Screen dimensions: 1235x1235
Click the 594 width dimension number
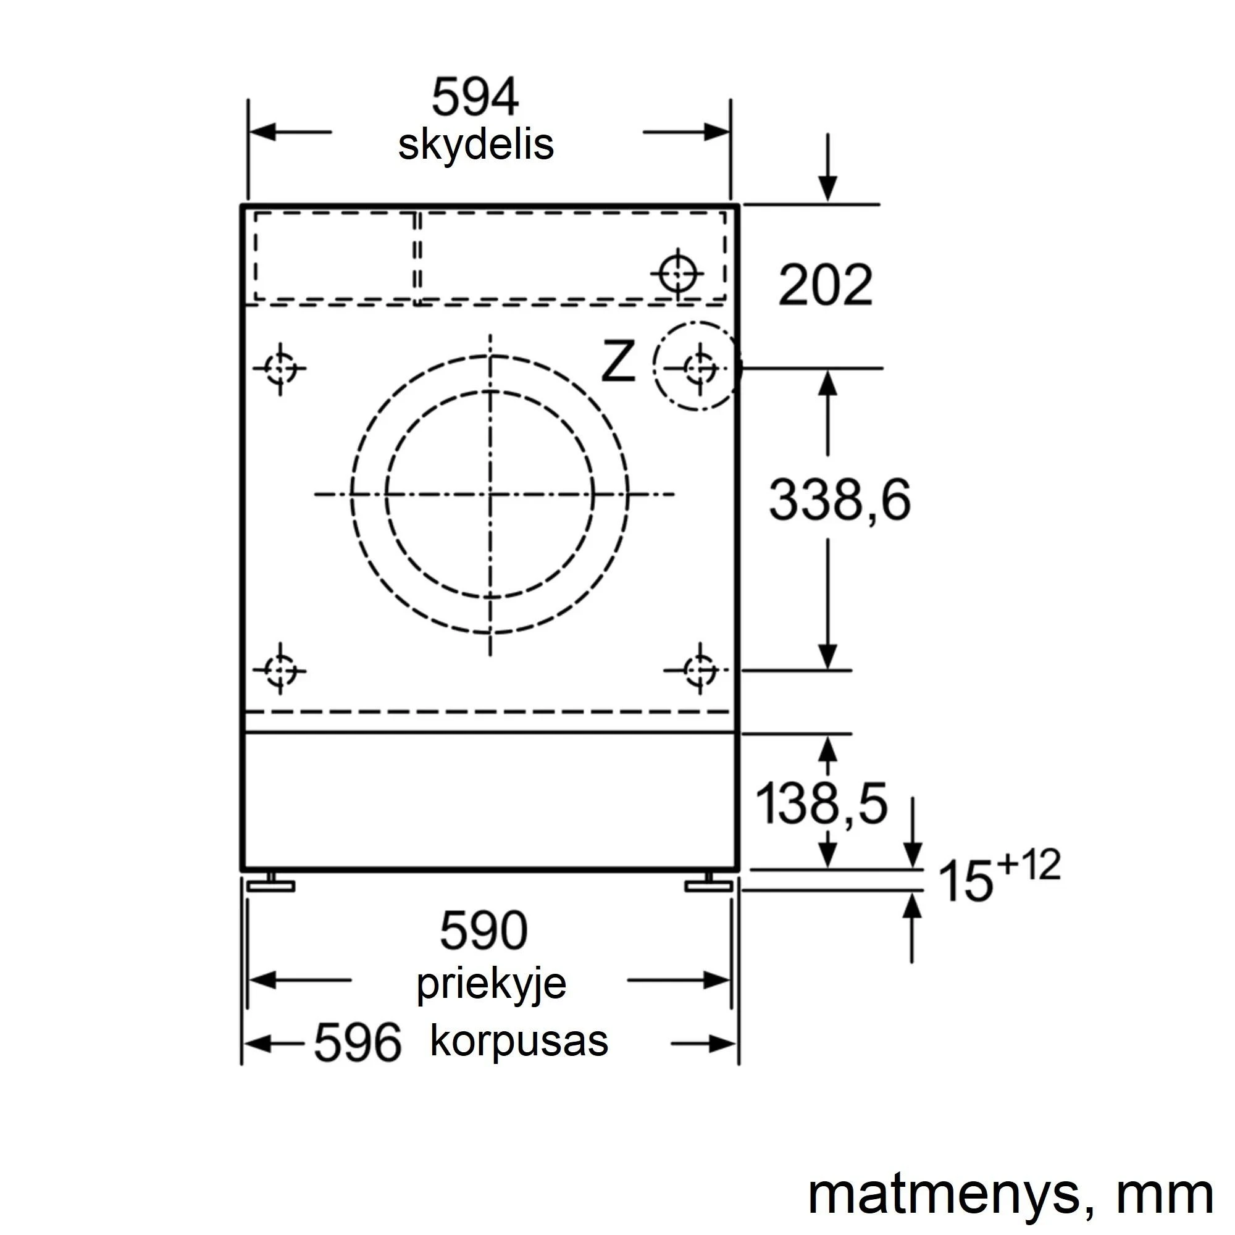[x=475, y=97]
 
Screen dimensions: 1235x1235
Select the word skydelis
[x=475, y=146]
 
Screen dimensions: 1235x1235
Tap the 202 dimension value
[x=825, y=285]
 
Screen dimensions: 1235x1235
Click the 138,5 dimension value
[x=821, y=803]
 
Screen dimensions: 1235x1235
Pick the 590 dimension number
[x=484, y=931]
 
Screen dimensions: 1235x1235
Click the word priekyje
[x=492, y=985]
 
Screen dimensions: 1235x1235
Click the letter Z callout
[x=618, y=361]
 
